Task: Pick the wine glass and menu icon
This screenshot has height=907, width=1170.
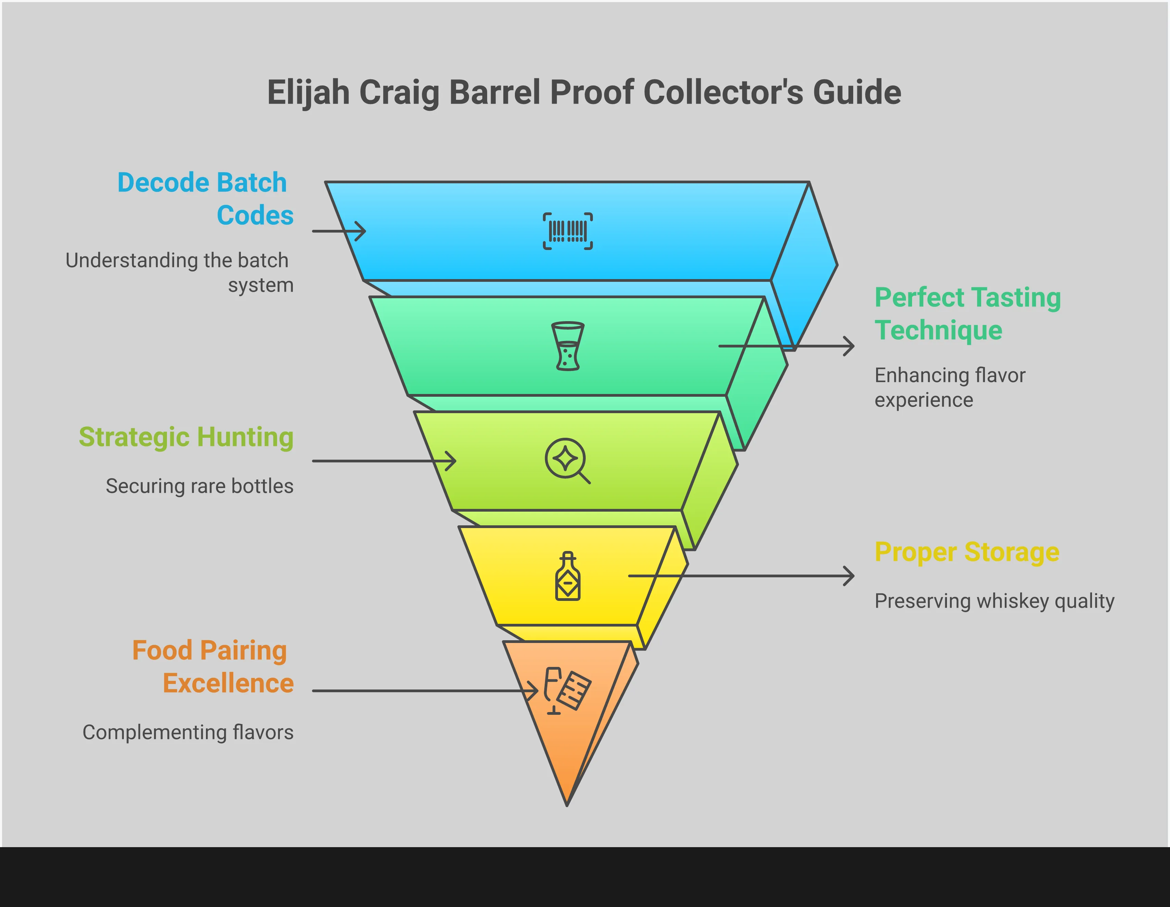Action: pyautogui.click(x=567, y=691)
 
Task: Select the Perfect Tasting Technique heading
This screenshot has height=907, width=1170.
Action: pyautogui.click(x=967, y=313)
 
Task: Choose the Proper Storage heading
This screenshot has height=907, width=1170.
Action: pyautogui.click(x=966, y=552)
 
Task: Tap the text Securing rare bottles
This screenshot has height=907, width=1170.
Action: pyautogui.click(x=199, y=486)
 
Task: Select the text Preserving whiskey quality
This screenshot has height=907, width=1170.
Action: pyautogui.click(x=994, y=601)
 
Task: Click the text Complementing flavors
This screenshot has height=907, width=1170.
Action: pyautogui.click(x=187, y=732)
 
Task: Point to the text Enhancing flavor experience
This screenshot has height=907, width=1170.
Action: pyautogui.click(x=949, y=387)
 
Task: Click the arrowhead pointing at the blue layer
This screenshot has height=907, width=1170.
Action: pyautogui.click(x=362, y=231)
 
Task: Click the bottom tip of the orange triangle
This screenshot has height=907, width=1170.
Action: pyautogui.click(x=567, y=803)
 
